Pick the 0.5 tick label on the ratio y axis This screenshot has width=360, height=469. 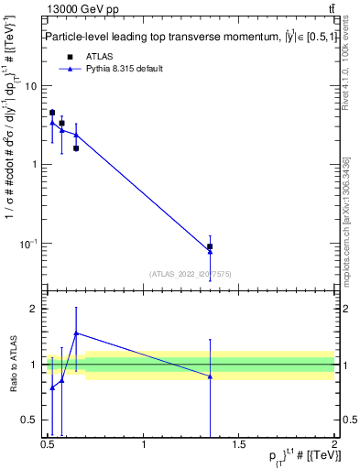point(30,421)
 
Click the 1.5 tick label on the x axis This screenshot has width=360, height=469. point(239,445)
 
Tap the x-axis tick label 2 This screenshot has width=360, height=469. point(334,445)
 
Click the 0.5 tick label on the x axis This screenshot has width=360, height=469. point(48,445)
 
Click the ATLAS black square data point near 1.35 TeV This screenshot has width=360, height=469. point(210,246)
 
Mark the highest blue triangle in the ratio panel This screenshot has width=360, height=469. point(76,333)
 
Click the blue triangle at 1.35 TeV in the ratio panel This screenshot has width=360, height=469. point(210,376)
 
